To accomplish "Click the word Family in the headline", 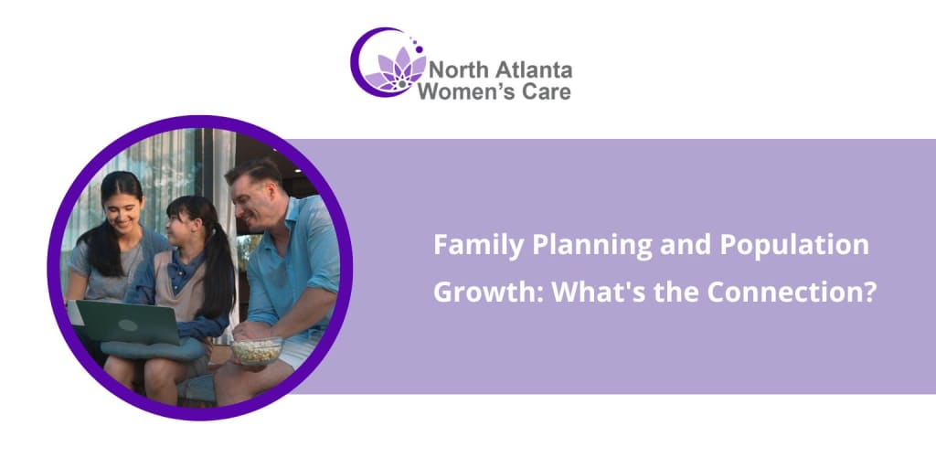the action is pyautogui.click(x=465, y=246).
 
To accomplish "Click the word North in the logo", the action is pyautogui.click(x=457, y=70).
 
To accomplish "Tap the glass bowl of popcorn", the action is pyautogui.click(x=257, y=352).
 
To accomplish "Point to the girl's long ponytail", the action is pyautogui.click(x=222, y=271).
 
